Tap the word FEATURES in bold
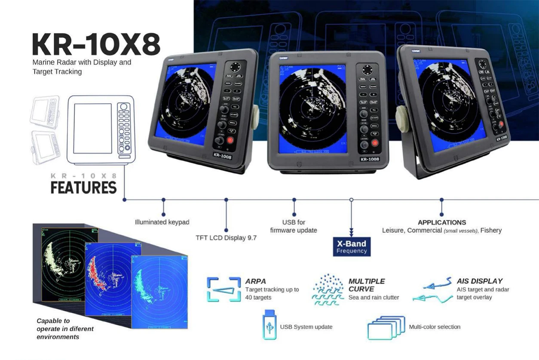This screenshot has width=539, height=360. (83, 188)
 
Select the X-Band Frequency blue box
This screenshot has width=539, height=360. (352, 246)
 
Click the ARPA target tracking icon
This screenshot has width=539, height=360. (223, 289)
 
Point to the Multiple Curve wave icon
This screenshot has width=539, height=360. (328, 290)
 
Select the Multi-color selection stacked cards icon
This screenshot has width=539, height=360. (386, 328)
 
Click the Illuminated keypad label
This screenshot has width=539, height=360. (162, 222)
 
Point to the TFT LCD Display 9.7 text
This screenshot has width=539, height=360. (226, 237)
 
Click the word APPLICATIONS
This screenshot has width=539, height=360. (442, 222)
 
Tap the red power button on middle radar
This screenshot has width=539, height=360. (375, 143)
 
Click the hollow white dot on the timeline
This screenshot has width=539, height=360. (352, 200)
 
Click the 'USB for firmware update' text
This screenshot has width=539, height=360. (294, 226)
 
